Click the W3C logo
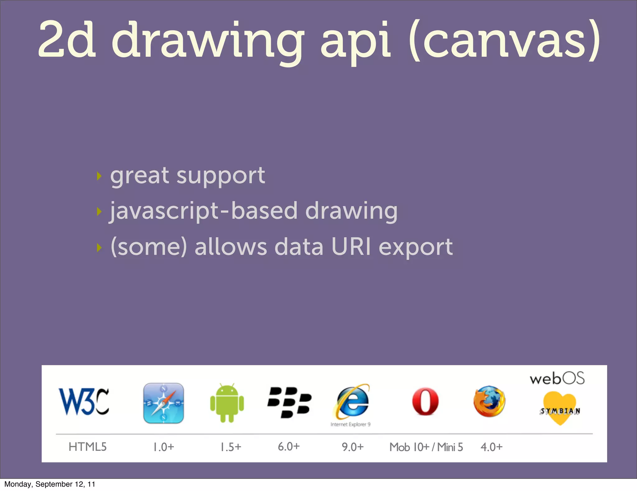pos(84,402)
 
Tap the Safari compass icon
pos(164,403)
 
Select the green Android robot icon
pos(227,403)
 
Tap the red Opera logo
pos(425,402)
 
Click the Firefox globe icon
pos(489,402)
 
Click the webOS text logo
pos(557,379)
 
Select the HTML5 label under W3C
pos(87,447)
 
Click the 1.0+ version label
pos(164,447)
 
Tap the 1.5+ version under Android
pos(231,447)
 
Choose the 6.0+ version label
pos(289,446)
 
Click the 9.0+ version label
pos(352,447)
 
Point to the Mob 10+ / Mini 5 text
pos(426,447)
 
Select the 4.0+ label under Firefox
pos(491,447)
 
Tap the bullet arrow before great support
pos(99,176)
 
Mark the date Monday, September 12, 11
pos(50,484)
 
